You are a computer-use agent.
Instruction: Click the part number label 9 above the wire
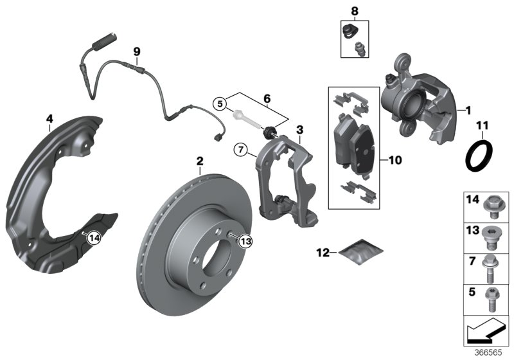[x=136, y=51]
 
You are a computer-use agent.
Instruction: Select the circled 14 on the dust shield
[x=94, y=237]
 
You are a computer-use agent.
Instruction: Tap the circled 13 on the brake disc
[x=245, y=240]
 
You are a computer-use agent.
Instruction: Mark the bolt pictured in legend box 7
[x=494, y=269]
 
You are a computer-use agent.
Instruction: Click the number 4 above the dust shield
[x=49, y=118]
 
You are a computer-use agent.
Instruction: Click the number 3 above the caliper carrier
[x=299, y=130]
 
